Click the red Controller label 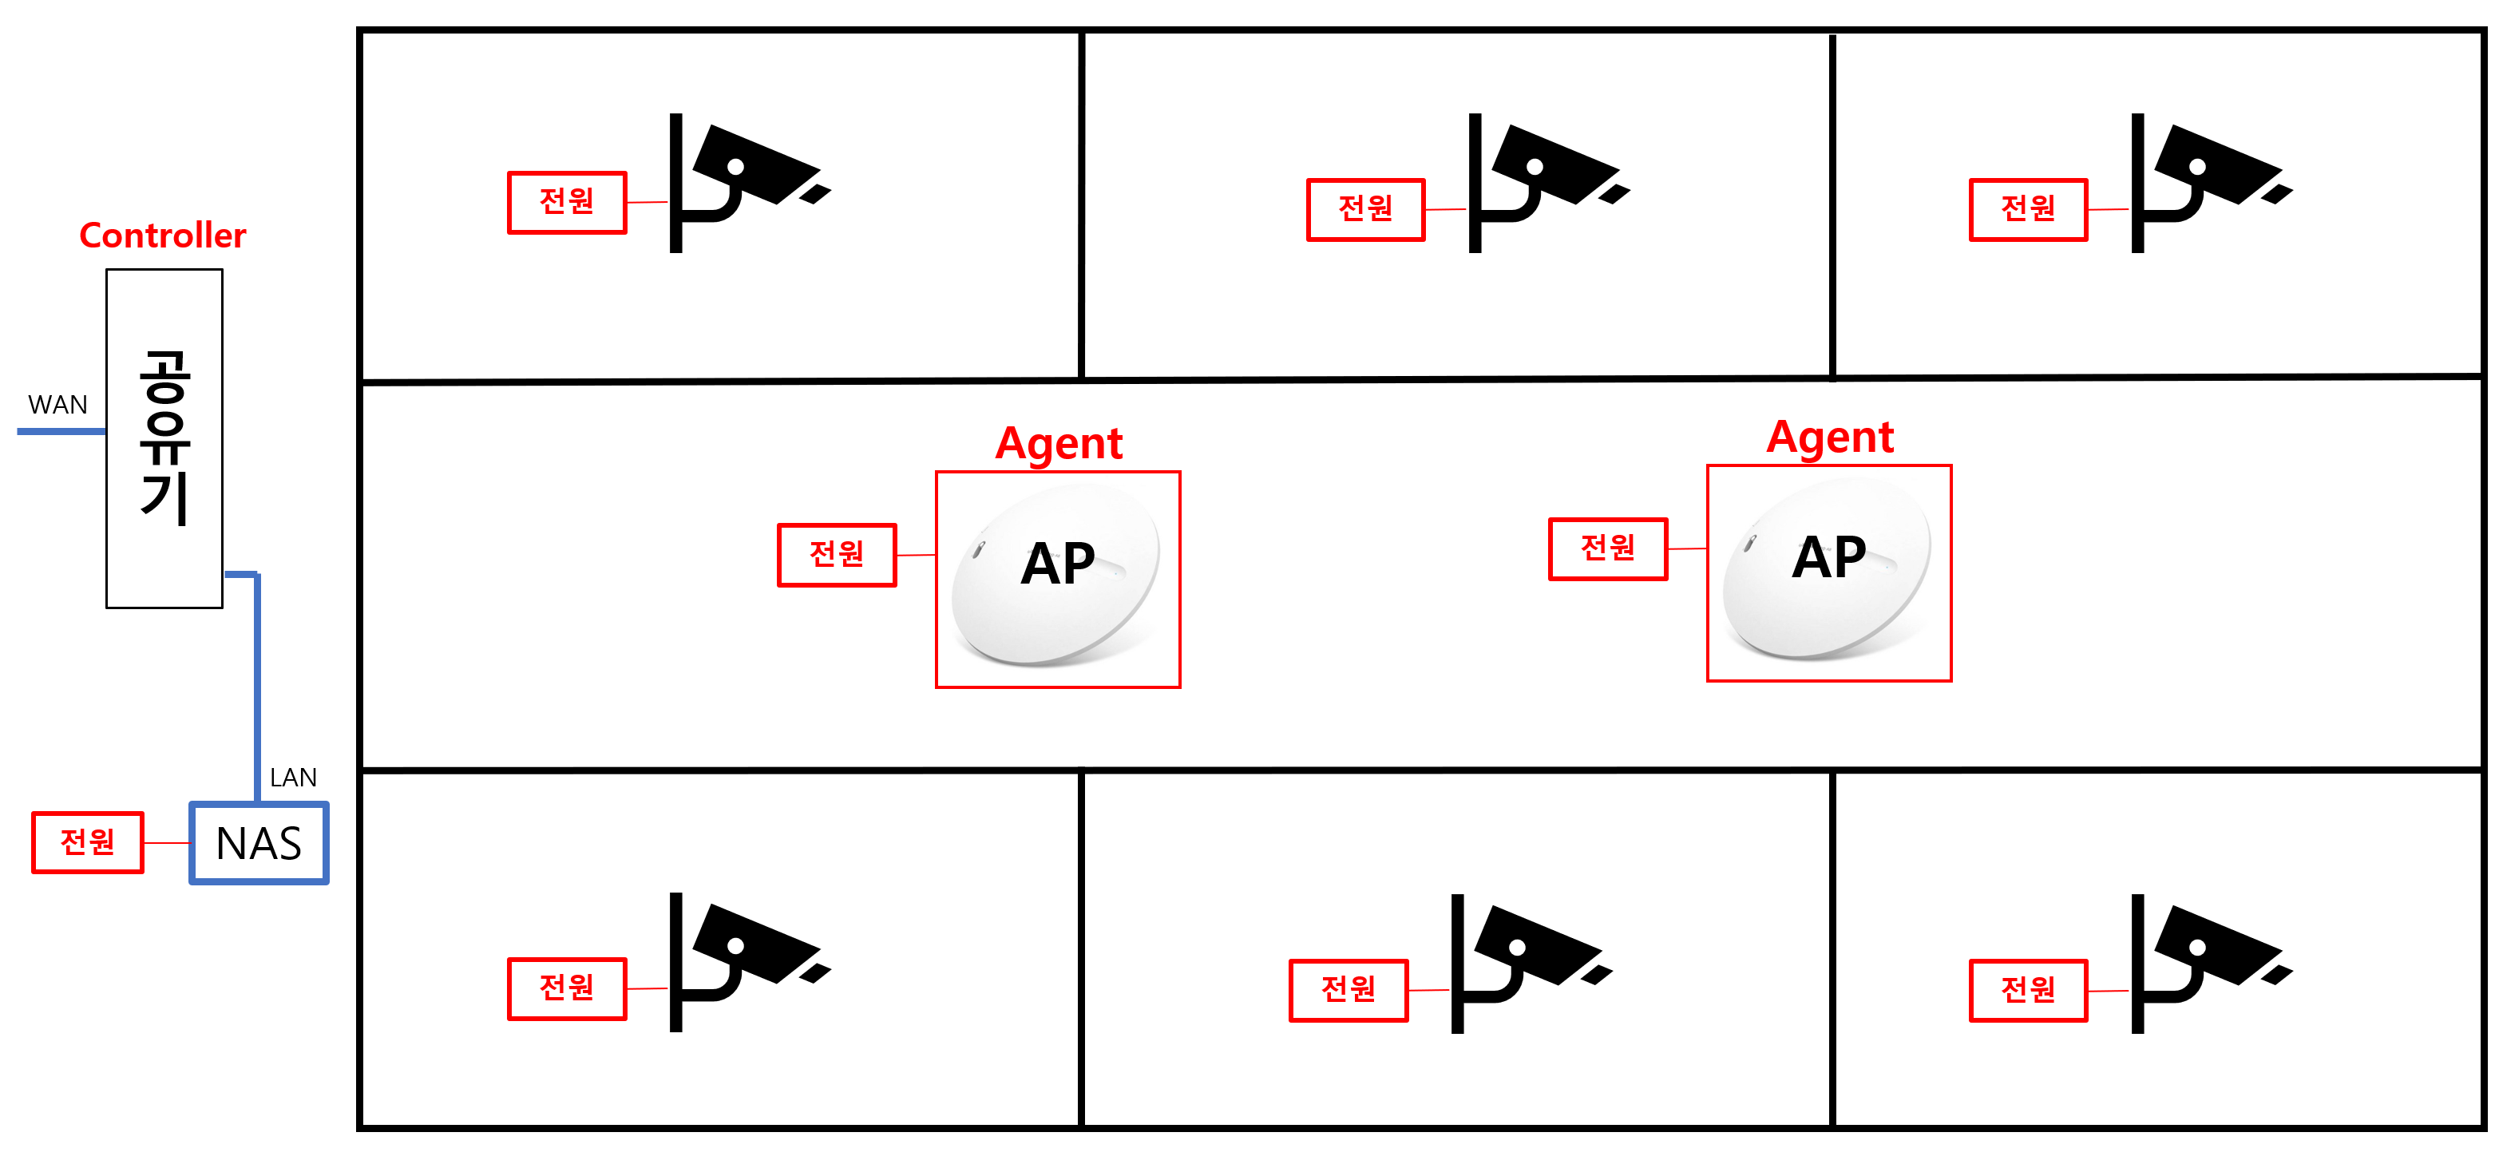[162, 236]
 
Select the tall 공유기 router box [164, 438]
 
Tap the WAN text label [57, 405]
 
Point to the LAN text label [293, 778]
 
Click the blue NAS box [259, 843]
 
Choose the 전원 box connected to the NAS [87, 842]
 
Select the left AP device [1056, 579]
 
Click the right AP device [1828, 572]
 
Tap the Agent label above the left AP [1059, 444]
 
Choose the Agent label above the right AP [1830, 437]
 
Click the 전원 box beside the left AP [836, 555]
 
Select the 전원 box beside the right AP [1607, 549]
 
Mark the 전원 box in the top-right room [2027, 208]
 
